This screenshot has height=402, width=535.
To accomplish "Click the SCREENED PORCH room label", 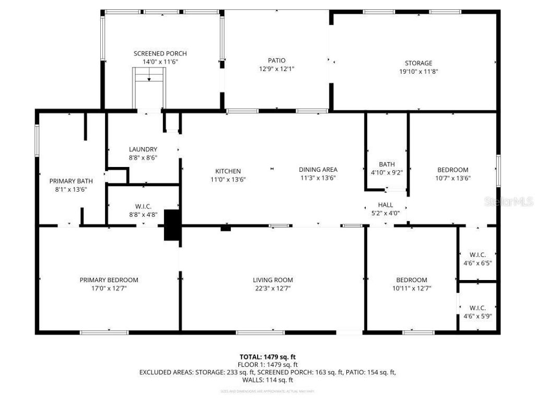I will point(160,53).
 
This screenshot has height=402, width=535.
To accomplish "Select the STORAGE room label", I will point(418,63).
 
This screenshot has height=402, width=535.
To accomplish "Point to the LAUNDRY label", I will point(143,150).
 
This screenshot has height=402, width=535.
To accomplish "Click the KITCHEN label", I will point(228,171).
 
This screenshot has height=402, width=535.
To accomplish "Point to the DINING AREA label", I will point(318,170).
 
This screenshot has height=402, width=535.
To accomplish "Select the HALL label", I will point(386,205).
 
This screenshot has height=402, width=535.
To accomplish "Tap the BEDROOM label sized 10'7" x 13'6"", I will point(452,170).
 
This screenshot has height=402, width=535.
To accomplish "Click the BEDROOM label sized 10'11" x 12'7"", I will point(411,280).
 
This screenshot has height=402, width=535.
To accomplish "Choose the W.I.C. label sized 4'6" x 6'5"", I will point(478,255).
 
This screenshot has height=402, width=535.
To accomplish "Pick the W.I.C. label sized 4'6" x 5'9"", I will point(478,308).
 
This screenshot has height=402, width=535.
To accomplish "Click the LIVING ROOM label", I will point(273,280).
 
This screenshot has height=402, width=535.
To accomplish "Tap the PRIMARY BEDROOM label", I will point(109,280).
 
